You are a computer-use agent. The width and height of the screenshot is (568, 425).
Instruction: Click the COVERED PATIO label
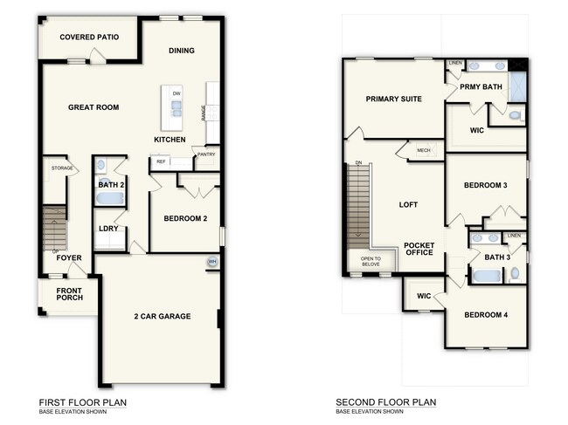point(89,38)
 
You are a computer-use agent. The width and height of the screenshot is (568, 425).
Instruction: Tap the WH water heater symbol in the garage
point(211,263)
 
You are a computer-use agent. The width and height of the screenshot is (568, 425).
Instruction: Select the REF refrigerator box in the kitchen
point(161,161)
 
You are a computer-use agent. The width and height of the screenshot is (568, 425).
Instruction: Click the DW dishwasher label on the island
point(177,93)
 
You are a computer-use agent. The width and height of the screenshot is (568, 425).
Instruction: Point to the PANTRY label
point(206,155)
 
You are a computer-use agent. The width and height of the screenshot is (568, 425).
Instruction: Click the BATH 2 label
point(109,184)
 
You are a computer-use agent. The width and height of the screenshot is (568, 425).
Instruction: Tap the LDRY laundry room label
point(108,230)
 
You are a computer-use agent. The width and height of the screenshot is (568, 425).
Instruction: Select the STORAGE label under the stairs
point(61,168)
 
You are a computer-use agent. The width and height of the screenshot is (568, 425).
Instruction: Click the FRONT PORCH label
point(69,294)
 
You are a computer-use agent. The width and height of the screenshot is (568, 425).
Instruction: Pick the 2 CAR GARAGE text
point(163,316)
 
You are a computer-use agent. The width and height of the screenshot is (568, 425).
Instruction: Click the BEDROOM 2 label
point(185,218)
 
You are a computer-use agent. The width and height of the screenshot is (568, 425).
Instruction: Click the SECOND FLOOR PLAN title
point(386,402)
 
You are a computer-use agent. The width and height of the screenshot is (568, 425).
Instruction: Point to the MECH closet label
point(423,150)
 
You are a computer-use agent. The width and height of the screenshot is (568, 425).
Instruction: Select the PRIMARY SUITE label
point(393,99)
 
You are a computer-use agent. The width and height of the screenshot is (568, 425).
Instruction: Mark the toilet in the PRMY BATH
point(514,114)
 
